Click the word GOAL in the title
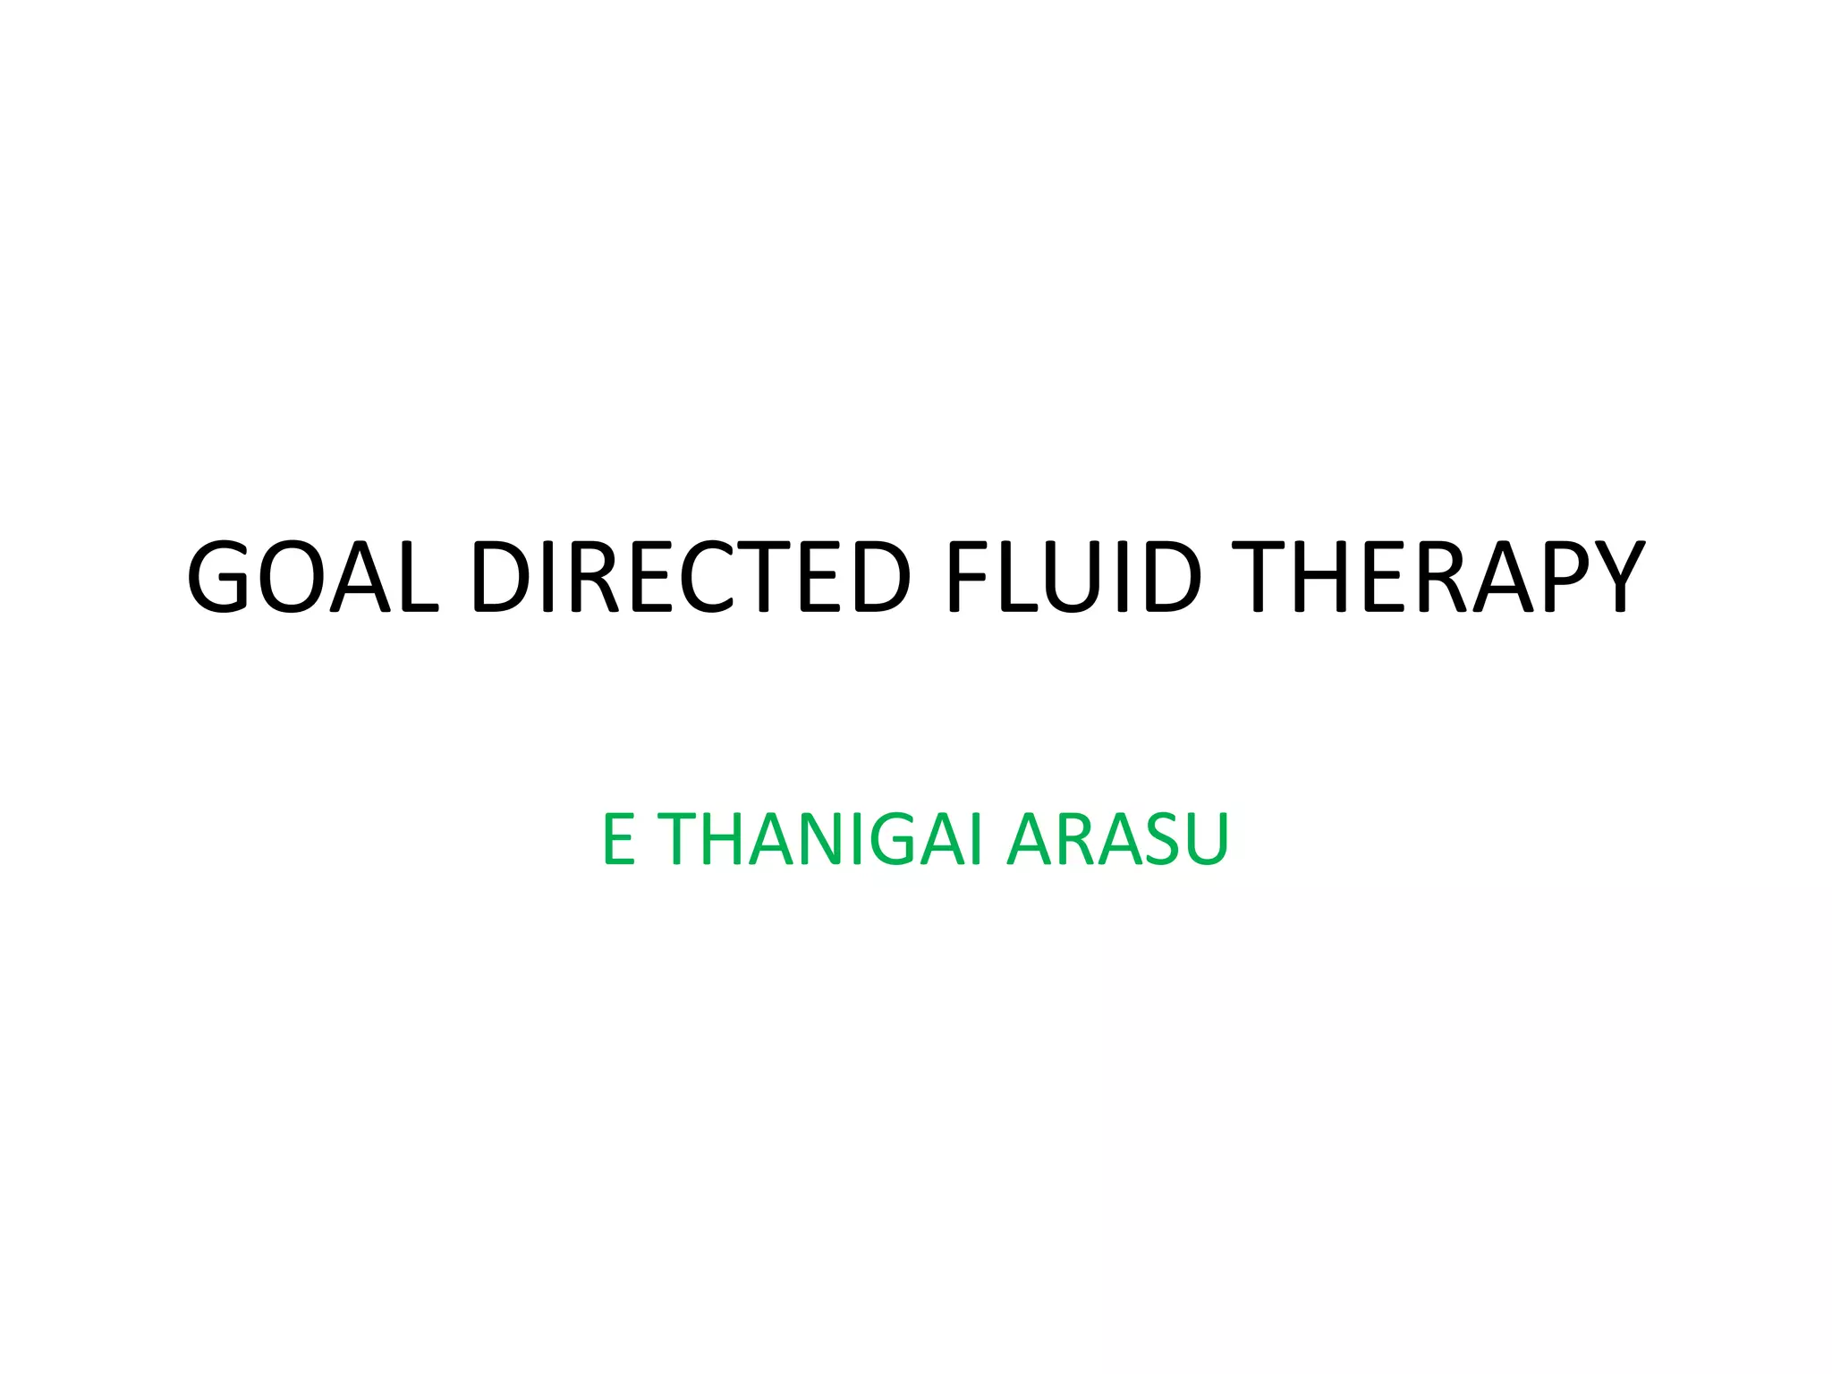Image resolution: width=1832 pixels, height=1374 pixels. pyautogui.click(x=313, y=577)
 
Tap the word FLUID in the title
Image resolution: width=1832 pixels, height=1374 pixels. pyautogui.click(x=1074, y=577)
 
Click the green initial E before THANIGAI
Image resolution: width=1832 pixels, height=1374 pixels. pyautogui.click(x=618, y=839)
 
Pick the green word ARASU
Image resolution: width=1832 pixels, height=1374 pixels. pyautogui.click(x=1118, y=839)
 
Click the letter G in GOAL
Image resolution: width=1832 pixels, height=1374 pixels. pyautogui.click(x=218, y=577)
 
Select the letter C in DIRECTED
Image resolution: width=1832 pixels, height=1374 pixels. pyautogui.click(x=716, y=577)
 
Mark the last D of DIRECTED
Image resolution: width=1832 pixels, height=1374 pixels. pyautogui.click(x=882, y=577)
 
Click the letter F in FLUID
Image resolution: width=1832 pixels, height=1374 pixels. pyautogui.click(x=970, y=577)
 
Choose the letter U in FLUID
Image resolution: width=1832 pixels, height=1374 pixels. pyautogui.click(x=1073, y=577)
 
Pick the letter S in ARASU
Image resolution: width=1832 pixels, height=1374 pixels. pyautogui.click(x=1161, y=839)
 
